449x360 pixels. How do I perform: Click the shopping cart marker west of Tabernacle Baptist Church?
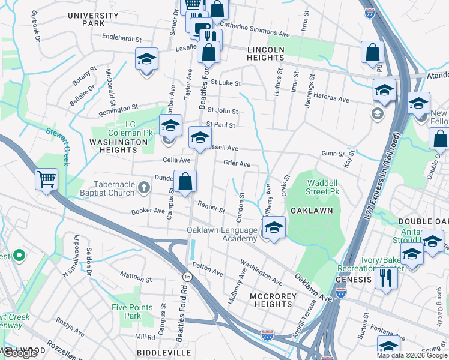coord(47,179)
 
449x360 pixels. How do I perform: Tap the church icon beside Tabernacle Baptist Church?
coord(143,188)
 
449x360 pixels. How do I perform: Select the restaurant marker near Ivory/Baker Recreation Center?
coord(386,278)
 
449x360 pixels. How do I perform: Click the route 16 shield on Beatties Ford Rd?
coord(188,276)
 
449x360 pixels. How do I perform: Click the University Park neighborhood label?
coord(94,19)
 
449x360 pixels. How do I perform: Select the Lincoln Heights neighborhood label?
coord(265,53)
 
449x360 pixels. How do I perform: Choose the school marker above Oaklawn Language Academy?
coord(274,227)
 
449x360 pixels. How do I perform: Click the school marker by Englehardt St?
coord(146,59)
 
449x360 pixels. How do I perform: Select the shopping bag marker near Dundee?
coord(185,181)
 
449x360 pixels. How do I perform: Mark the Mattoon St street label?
coord(136,278)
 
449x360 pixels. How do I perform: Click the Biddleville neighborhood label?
coord(164,352)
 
